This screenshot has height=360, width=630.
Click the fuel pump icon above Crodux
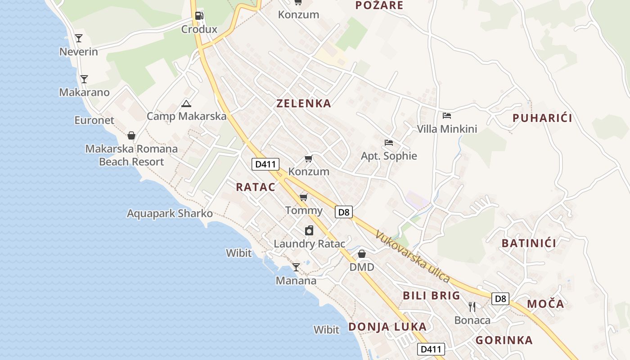(x=199, y=16)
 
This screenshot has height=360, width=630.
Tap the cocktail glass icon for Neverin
(x=79, y=38)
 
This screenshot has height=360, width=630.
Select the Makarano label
(x=84, y=92)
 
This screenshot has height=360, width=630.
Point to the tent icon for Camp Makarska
(x=186, y=104)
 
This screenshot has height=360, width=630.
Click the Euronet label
(x=94, y=120)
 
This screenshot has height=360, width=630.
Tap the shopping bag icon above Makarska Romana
(x=131, y=135)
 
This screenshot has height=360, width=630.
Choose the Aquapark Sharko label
(x=170, y=213)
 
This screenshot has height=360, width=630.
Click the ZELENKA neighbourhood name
(x=304, y=103)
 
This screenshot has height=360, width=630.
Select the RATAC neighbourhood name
(x=256, y=187)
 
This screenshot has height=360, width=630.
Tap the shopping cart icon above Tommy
(x=304, y=197)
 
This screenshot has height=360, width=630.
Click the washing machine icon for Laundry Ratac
(x=309, y=231)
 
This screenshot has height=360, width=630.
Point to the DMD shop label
(x=362, y=267)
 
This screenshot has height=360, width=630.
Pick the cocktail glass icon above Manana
(x=296, y=267)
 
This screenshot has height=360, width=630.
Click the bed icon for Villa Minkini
(x=447, y=116)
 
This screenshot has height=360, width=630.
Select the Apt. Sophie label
(x=389, y=156)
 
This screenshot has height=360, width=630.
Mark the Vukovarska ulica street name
(x=413, y=256)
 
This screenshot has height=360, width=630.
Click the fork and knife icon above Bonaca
(x=472, y=307)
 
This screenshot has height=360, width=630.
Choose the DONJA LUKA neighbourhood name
(x=387, y=327)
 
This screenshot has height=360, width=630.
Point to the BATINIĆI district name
(x=529, y=243)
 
